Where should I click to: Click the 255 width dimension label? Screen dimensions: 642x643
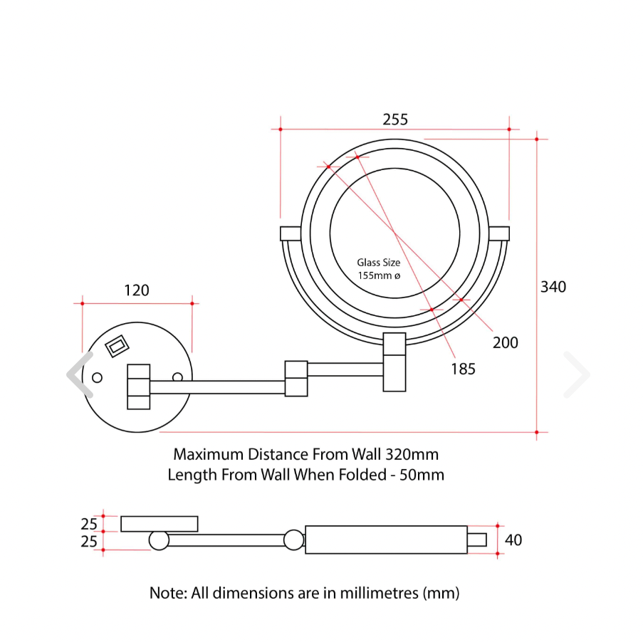pyautogui.click(x=395, y=120)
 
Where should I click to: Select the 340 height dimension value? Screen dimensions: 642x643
pyautogui.click(x=553, y=287)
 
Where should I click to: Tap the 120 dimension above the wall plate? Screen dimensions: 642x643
pyautogui.click(x=137, y=290)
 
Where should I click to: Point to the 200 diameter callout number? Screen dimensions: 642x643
pyautogui.click(x=506, y=342)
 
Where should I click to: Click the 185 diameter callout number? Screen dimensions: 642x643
pyautogui.click(x=463, y=369)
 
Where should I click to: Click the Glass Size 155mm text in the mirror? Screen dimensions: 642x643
pyautogui.click(x=379, y=269)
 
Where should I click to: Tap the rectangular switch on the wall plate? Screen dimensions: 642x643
pyautogui.click(x=116, y=346)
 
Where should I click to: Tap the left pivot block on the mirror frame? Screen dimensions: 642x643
pyautogui.click(x=291, y=233)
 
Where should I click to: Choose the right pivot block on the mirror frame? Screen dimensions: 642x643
pyautogui.click(x=499, y=233)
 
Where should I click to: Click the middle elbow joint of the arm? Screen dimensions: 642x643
pyautogui.click(x=296, y=378)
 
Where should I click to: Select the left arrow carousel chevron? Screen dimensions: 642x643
pyautogui.click(x=80, y=374)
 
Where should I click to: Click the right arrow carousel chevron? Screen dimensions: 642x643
pyautogui.click(x=576, y=374)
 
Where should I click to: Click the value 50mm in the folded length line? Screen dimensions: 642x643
pyautogui.click(x=424, y=475)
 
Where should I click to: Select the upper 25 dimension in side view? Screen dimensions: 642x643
pyautogui.click(x=88, y=524)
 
